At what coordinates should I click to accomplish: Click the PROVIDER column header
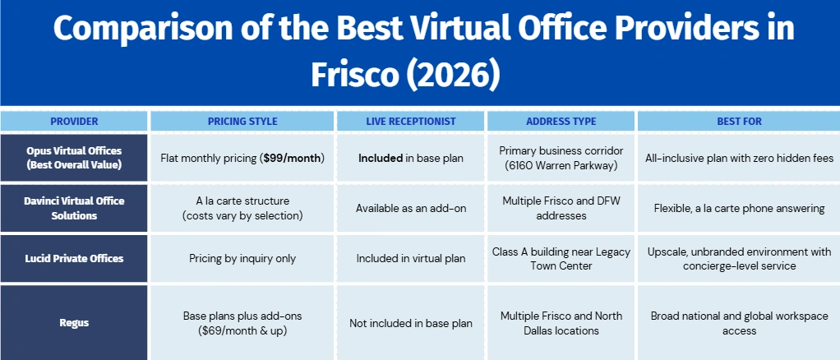pos(74,122)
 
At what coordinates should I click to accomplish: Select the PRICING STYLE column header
pos(242,122)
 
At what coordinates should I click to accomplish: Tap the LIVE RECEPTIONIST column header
pos(411,122)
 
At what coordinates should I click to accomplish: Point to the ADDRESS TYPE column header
pos(561,122)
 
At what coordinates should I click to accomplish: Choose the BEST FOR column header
pos(739,122)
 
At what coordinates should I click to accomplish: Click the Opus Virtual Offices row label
pos(74,158)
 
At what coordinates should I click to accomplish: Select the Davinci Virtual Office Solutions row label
pos(74,208)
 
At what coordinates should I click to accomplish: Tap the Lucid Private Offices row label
pos(74,258)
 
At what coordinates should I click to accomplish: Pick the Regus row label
pos(74,323)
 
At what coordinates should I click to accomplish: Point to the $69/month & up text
pos(242,330)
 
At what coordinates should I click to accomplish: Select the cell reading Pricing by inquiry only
pos(242,258)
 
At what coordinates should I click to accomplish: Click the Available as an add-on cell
pos(411,208)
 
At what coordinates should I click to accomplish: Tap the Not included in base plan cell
pos(411,323)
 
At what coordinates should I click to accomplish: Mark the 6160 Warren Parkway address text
pos(561,165)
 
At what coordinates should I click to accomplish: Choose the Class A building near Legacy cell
pos(561,258)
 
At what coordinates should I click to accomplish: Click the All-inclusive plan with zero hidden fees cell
pos(739,158)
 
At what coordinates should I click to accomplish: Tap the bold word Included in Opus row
pos(381,158)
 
